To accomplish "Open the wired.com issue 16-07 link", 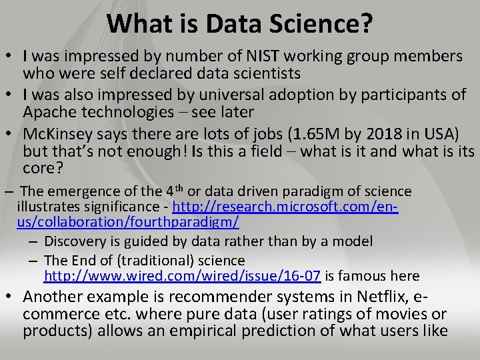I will (x=183, y=275).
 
